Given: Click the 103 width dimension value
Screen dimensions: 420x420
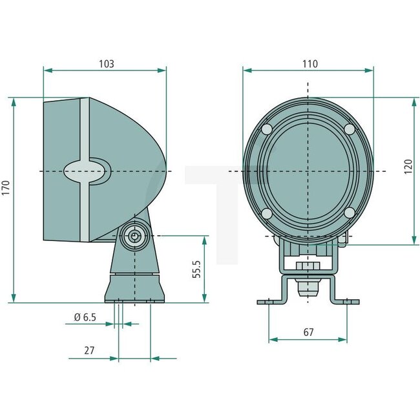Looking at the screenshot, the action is (x=107, y=64).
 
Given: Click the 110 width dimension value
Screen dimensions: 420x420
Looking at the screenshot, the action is (x=310, y=64).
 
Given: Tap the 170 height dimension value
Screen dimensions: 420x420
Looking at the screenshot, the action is (x=6, y=188).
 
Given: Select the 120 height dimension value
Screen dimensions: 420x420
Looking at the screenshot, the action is (x=408, y=166).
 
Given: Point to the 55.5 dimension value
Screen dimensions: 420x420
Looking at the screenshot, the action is (x=197, y=269).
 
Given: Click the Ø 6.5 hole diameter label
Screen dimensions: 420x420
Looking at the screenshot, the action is (x=85, y=317).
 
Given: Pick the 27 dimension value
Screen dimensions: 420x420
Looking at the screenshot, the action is (x=89, y=350).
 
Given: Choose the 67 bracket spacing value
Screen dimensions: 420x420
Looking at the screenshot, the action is (x=308, y=332).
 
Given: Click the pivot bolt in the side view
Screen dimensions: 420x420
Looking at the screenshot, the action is (x=134, y=236).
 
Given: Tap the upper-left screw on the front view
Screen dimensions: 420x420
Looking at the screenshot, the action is (x=267, y=130).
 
